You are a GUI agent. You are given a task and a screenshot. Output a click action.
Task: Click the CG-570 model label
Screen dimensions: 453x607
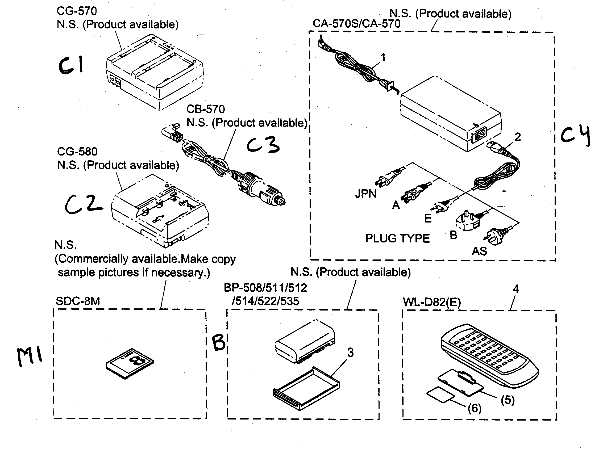[77, 11]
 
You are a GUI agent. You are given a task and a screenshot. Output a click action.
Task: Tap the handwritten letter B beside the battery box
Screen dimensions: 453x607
[219, 342]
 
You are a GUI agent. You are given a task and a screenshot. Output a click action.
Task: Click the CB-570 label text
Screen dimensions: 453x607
[205, 109]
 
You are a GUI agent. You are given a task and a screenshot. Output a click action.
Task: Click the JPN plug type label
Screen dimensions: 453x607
[365, 194]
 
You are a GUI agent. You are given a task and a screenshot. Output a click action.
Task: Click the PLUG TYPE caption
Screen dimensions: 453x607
[397, 238]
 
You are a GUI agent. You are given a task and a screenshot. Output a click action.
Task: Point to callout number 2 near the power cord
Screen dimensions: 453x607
[518, 137]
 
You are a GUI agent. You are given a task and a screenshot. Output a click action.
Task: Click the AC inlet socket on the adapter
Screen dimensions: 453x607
[479, 135]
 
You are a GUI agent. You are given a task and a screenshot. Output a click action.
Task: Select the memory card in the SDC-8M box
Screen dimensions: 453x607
[130, 364]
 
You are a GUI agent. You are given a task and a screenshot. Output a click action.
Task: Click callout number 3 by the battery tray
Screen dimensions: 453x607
[350, 352]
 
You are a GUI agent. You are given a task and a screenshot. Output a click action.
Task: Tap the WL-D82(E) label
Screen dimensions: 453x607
[432, 302]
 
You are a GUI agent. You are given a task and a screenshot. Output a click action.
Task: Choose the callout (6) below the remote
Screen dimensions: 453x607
[475, 409]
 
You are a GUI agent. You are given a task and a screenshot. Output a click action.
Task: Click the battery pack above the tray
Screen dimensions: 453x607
[305, 341]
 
